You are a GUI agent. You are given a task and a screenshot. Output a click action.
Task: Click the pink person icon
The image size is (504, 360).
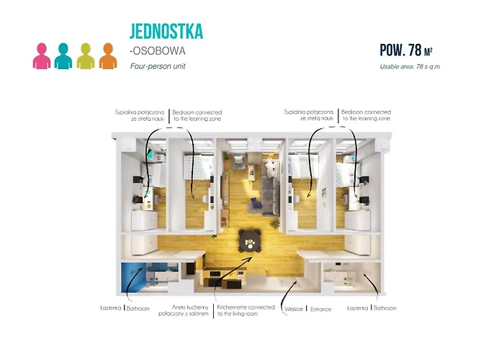pos(41,56)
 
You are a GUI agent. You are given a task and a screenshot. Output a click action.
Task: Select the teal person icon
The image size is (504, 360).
pos(63,56)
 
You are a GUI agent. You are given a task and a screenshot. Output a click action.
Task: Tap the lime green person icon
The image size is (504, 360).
pos(86,56)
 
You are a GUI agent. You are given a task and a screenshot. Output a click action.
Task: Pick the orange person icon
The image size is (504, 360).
pos(108,56)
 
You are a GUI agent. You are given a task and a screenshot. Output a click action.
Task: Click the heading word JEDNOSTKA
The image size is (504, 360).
pos(166,31)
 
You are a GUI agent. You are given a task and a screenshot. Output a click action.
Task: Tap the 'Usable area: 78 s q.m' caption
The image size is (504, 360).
pos(410,66)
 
